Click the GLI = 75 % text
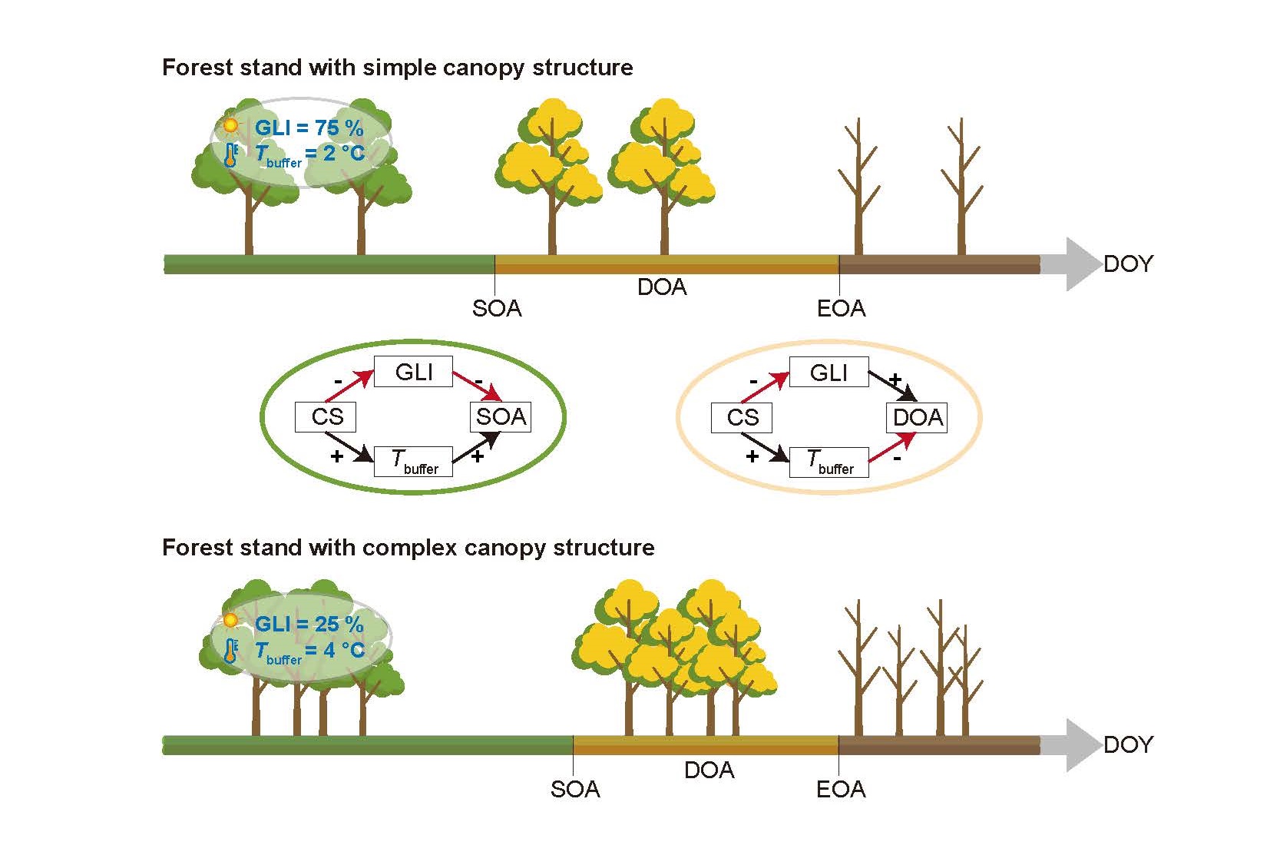(x=309, y=128)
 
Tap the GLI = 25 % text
(x=309, y=624)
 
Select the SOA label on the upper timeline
(x=497, y=308)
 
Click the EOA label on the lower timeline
(x=841, y=789)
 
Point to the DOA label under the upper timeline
(x=662, y=287)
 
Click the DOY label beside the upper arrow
(x=1128, y=264)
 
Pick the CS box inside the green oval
(x=326, y=417)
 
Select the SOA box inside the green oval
(x=501, y=417)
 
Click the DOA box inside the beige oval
(x=918, y=418)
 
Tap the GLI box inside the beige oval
(x=828, y=373)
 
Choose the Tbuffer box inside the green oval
(x=413, y=462)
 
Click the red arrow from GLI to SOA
(x=476, y=386)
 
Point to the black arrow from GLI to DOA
(x=892, y=386)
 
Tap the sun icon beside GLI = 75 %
(x=230, y=125)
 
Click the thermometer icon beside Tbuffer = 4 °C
(x=230, y=651)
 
